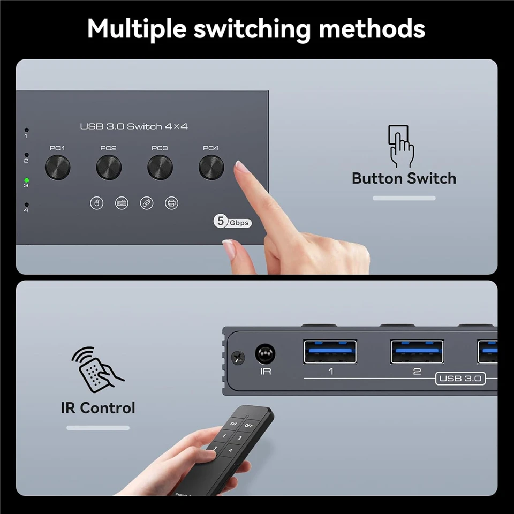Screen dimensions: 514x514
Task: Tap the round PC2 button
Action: pos(109,168)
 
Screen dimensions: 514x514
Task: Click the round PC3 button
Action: pos(160,168)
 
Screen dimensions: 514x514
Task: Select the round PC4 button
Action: pos(211,168)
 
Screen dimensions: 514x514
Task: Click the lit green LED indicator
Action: pos(26,180)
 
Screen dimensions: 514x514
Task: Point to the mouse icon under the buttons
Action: pos(96,203)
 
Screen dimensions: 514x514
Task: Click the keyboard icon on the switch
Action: pos(122,203)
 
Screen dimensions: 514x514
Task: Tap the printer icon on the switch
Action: pos(171,203)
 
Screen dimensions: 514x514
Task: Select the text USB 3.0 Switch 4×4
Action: pos(134,127)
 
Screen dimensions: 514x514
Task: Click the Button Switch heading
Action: pos(404,178)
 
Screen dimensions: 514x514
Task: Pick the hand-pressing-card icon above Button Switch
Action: pos(400,146)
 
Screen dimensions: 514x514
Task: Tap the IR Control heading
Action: pos(98,407)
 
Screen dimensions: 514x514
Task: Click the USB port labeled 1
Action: pos(330,351)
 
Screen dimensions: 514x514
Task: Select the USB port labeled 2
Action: pos(417,351)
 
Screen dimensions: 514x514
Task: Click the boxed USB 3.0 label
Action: pos(460,379)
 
